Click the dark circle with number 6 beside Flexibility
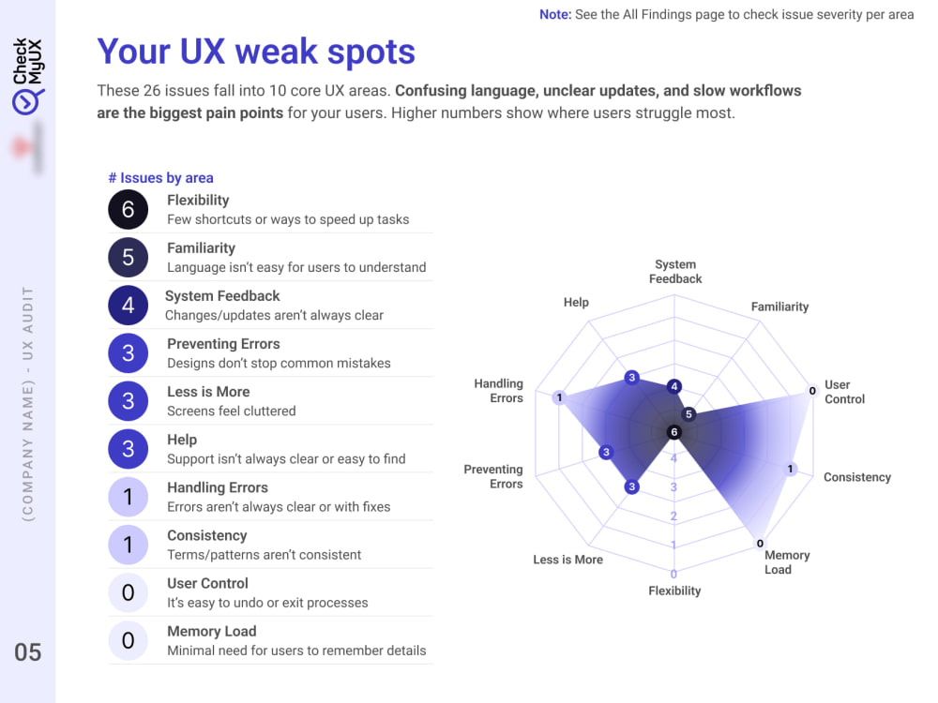(128, 210)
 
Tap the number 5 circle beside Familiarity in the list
(128, 258)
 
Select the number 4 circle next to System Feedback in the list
(128, 306)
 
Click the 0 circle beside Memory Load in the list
(128, 641)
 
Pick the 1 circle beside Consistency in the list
(128, 546)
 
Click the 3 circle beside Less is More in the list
(128, 401)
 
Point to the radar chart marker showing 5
(688, 413)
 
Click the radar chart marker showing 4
(674, 386)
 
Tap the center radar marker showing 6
(674, 432)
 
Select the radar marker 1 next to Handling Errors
(559, 396)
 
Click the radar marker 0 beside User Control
(812, 390)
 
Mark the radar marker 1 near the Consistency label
(790, 470)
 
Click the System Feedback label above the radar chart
(675, 272)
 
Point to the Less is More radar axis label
(567, 560)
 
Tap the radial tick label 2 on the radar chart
(673, 516)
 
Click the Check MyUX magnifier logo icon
(26, 102)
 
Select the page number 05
(28, 652)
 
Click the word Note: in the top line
(555, 14)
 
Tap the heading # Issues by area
(160, 177)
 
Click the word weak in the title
(277, 52)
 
